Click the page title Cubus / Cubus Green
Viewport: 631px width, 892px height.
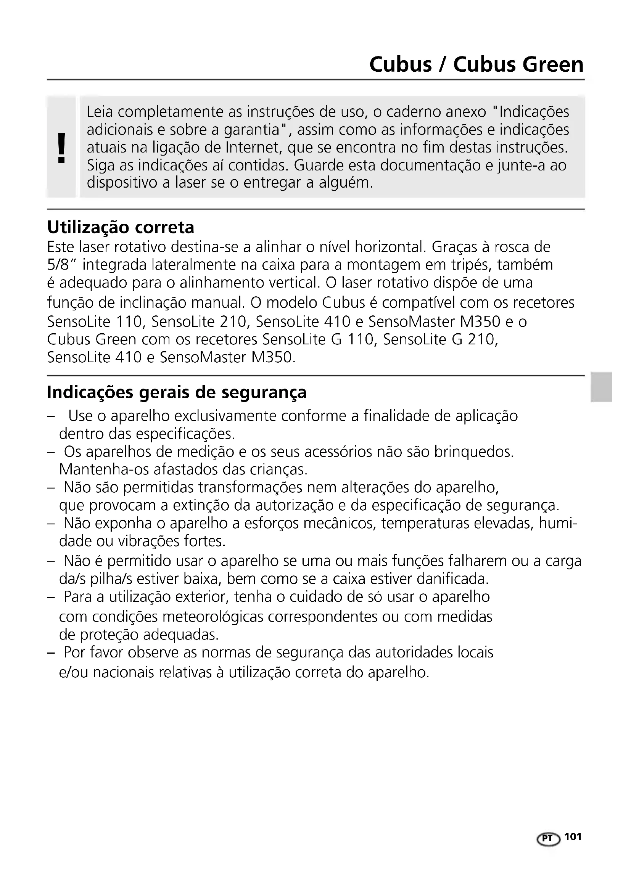pyautogui.click(x=476, y=64)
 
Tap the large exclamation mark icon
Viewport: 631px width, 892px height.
pyautogui.click(x=61, y=148)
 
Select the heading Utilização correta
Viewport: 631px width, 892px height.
pyautogui.click(x=121, y=227)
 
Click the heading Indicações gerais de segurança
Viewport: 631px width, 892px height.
pyautogui.click(x=176, y=392)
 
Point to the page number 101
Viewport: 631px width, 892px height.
pyautogui.click(x=573, y=836)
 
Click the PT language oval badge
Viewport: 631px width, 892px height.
pyautogui.click(x=548, y=838)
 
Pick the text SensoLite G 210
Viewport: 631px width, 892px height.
pyautogui.click(x=440, y=339)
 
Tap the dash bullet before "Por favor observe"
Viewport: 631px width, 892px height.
pyautogui.click(x=50, y=652)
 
